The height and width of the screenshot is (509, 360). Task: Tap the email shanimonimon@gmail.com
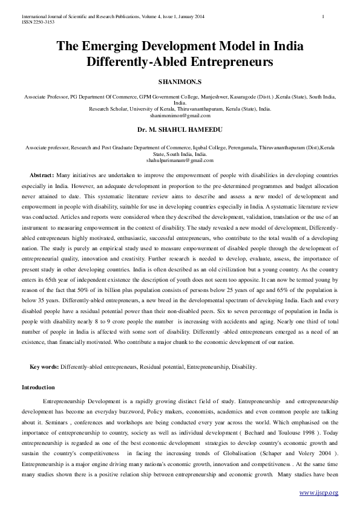[180, 115]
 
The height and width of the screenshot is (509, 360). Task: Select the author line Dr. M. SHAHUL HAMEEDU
[179, 129]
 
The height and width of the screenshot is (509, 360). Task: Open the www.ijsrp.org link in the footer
[318, 493]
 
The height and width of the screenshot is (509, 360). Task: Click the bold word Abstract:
[42, 173]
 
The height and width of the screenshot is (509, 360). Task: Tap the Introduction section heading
[38, 387]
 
